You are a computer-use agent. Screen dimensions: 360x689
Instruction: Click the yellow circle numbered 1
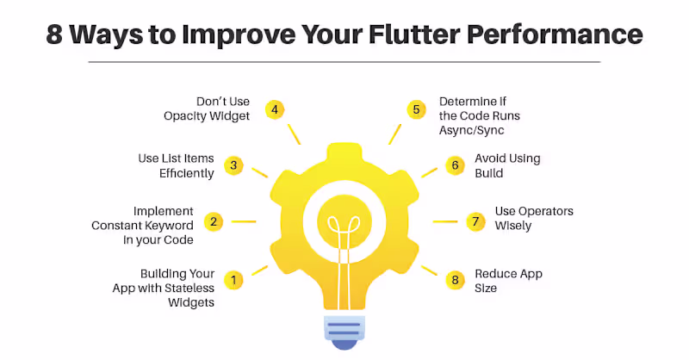[x=233, y=279]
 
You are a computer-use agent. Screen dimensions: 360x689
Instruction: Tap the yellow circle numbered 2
[x=215, y=221]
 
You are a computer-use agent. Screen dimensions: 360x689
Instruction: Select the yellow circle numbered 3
[x=233, y=165]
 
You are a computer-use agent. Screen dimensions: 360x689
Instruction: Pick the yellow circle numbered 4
[x=274, y=109]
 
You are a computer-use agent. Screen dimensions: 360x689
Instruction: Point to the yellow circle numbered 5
[x=416, y=109]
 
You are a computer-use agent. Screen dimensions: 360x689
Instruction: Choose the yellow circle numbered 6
[x=455, y=164]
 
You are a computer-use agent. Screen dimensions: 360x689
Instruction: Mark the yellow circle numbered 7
[x=475, y=221]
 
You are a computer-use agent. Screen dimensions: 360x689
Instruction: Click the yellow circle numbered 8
[x=456, y=279]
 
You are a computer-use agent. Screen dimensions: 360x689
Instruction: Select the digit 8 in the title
[x=54, y=34]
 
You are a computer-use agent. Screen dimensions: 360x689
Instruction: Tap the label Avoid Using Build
[x=507, y=165]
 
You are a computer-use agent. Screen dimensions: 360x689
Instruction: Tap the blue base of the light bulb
[x=344, y=332]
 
